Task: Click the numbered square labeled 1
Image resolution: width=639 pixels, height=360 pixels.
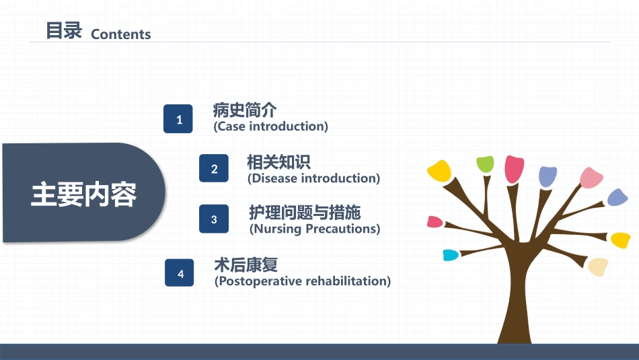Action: (178, 118)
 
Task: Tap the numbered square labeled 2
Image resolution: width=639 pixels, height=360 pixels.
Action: (214, 168)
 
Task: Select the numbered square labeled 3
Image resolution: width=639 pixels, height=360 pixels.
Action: (214, 219)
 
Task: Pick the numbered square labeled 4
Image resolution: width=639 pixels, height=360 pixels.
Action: (180, 273)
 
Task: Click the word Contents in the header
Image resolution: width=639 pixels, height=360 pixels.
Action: (120, 34)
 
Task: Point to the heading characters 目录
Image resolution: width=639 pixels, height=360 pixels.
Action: (64, 30)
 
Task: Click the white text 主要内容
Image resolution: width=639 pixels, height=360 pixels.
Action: (83, 194)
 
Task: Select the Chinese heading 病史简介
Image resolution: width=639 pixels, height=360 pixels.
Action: (245, 110)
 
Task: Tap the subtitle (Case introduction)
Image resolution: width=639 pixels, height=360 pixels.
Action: (270, 127)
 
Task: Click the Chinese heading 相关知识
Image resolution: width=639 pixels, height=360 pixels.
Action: (278, 162)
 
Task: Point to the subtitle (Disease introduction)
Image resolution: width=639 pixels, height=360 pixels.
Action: (314, 178)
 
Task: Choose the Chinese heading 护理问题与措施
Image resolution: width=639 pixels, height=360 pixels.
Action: (305, 213)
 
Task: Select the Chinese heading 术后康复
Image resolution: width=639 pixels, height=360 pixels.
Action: (246, 265)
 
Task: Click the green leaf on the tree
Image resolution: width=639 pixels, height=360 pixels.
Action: (486, 164)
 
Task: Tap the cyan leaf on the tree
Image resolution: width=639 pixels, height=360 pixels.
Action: (451, 255)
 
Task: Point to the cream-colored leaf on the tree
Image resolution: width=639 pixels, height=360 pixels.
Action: (598, 266)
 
